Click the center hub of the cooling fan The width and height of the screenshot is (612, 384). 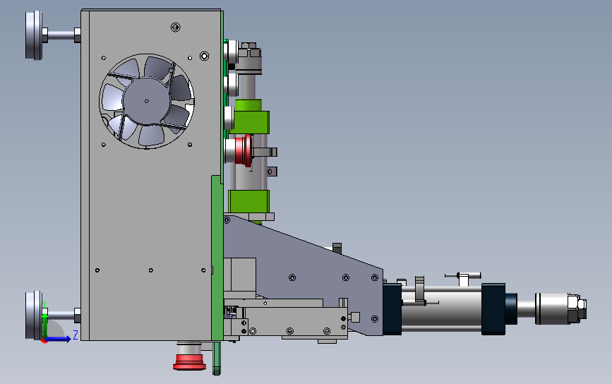pos(146,101)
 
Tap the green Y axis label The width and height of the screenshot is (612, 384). pos(44,304)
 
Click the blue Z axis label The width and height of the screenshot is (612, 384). pos(76,335)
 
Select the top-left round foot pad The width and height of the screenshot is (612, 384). pos(34,35)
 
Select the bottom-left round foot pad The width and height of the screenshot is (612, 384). pos(34,316)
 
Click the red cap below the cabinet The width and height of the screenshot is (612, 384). pos(189,356)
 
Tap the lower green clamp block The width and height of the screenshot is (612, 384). pos(248,201)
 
